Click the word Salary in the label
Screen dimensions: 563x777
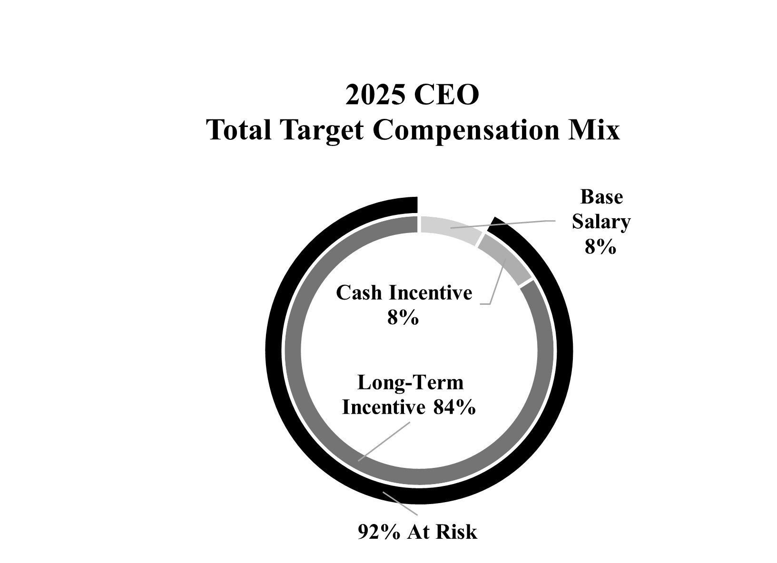coord(601,222)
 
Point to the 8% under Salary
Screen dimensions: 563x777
coord(600,247)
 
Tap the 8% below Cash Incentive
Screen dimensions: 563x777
coord(403,318)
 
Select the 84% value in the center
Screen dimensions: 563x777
coord(454,408)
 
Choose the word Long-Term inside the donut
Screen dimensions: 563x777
coord(410,383)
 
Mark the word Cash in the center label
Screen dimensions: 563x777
coord(359,293)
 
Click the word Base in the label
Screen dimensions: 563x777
coord(601,197)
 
